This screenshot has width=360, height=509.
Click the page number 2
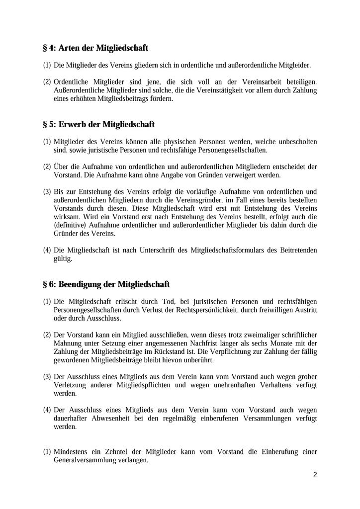point(315,474)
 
